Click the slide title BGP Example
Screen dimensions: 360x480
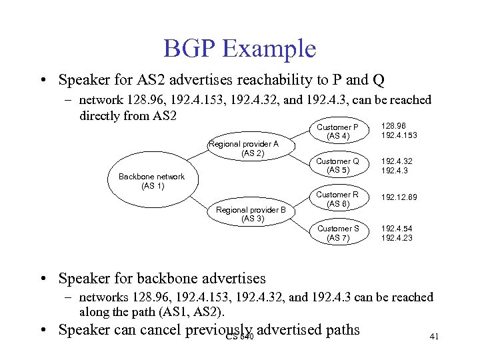(x=239, y=49)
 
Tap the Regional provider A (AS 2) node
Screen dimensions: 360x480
(x=243, y=148)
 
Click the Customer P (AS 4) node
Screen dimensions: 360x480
(x=337, y=131)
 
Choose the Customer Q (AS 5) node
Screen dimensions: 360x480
(x=337, y=165)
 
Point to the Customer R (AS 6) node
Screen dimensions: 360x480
(x=337, y=199)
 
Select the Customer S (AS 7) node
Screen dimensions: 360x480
(x=337, y=233)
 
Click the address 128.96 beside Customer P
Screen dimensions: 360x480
(x=392, y=126)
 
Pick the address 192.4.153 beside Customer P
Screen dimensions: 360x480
(x=398, y=135)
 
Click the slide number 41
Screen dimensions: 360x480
(x=434, y=337)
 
